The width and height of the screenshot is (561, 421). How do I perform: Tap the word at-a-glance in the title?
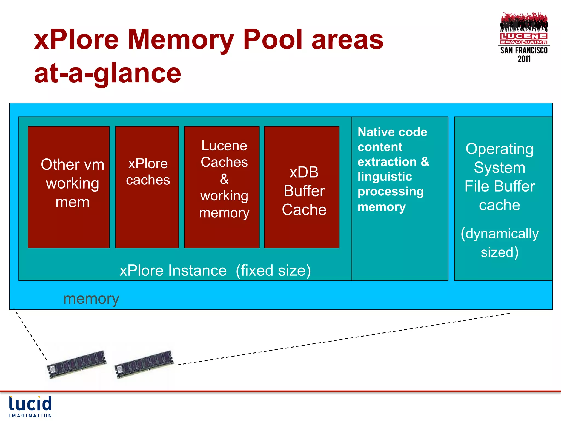(107, 73)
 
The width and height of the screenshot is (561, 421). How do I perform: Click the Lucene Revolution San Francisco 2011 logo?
(524, 37)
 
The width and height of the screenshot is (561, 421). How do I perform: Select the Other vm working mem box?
(69, 187)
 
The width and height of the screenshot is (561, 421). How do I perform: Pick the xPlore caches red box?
(147, 187)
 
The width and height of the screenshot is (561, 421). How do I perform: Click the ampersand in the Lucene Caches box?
(224, 179)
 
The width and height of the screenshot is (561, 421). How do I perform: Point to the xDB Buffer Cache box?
(302, 187)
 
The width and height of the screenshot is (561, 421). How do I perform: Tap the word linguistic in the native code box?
(385, 177)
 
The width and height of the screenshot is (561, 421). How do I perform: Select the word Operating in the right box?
(499, 149)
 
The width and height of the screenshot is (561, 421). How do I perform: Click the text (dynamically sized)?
(499, 243)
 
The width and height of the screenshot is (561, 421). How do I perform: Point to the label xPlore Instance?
(173, 271)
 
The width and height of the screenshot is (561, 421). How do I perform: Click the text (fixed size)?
(273, 271)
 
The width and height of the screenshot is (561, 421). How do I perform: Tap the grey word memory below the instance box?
(91, 299)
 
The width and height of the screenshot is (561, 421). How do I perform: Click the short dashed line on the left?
(30, 334)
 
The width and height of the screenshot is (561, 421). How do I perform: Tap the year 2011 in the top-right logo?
(524, 59)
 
